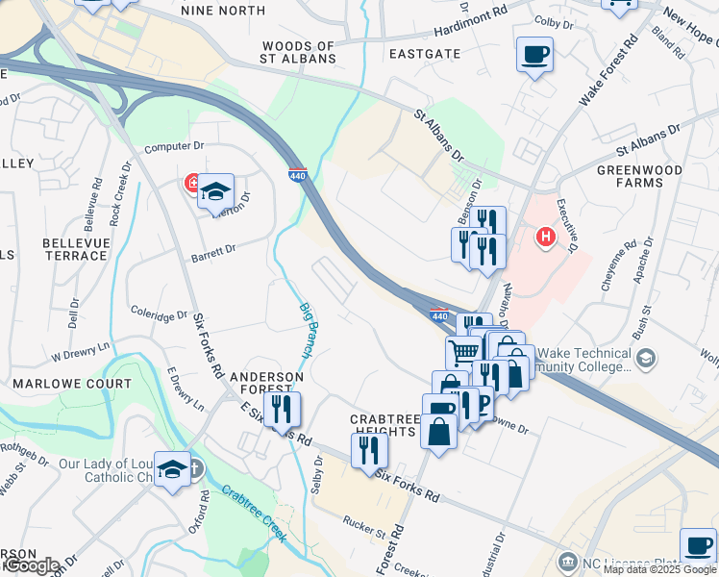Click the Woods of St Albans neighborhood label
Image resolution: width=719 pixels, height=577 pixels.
[299, 52]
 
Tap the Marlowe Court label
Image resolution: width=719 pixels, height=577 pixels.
[58, 383]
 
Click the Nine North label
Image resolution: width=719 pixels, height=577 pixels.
[223, 11]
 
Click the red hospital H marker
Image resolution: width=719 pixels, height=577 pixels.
[546, 236]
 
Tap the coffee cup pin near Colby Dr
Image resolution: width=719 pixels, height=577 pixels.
[533, 54]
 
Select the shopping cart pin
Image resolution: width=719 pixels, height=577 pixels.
[463, 352]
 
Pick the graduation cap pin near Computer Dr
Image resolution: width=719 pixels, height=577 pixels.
[216, 190]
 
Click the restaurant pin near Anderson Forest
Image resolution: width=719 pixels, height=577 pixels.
[282, 408]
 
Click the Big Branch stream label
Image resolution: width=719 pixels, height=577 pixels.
[305, 330]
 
